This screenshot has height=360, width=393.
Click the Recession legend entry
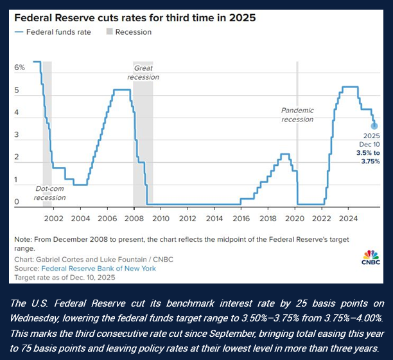[128, 32]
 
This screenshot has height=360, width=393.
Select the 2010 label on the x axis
[160, 218]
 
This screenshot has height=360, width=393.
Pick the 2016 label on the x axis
[241, 218]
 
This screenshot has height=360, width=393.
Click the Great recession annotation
[143, 73]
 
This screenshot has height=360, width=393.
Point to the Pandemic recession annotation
[297, 115]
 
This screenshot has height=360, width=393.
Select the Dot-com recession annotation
[50, 193]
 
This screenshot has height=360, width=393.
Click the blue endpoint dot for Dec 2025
[374, 125]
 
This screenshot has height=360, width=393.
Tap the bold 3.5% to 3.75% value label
[368, 157]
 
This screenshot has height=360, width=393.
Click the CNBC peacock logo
[371, 256]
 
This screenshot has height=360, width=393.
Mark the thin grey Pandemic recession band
[297, 167]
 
